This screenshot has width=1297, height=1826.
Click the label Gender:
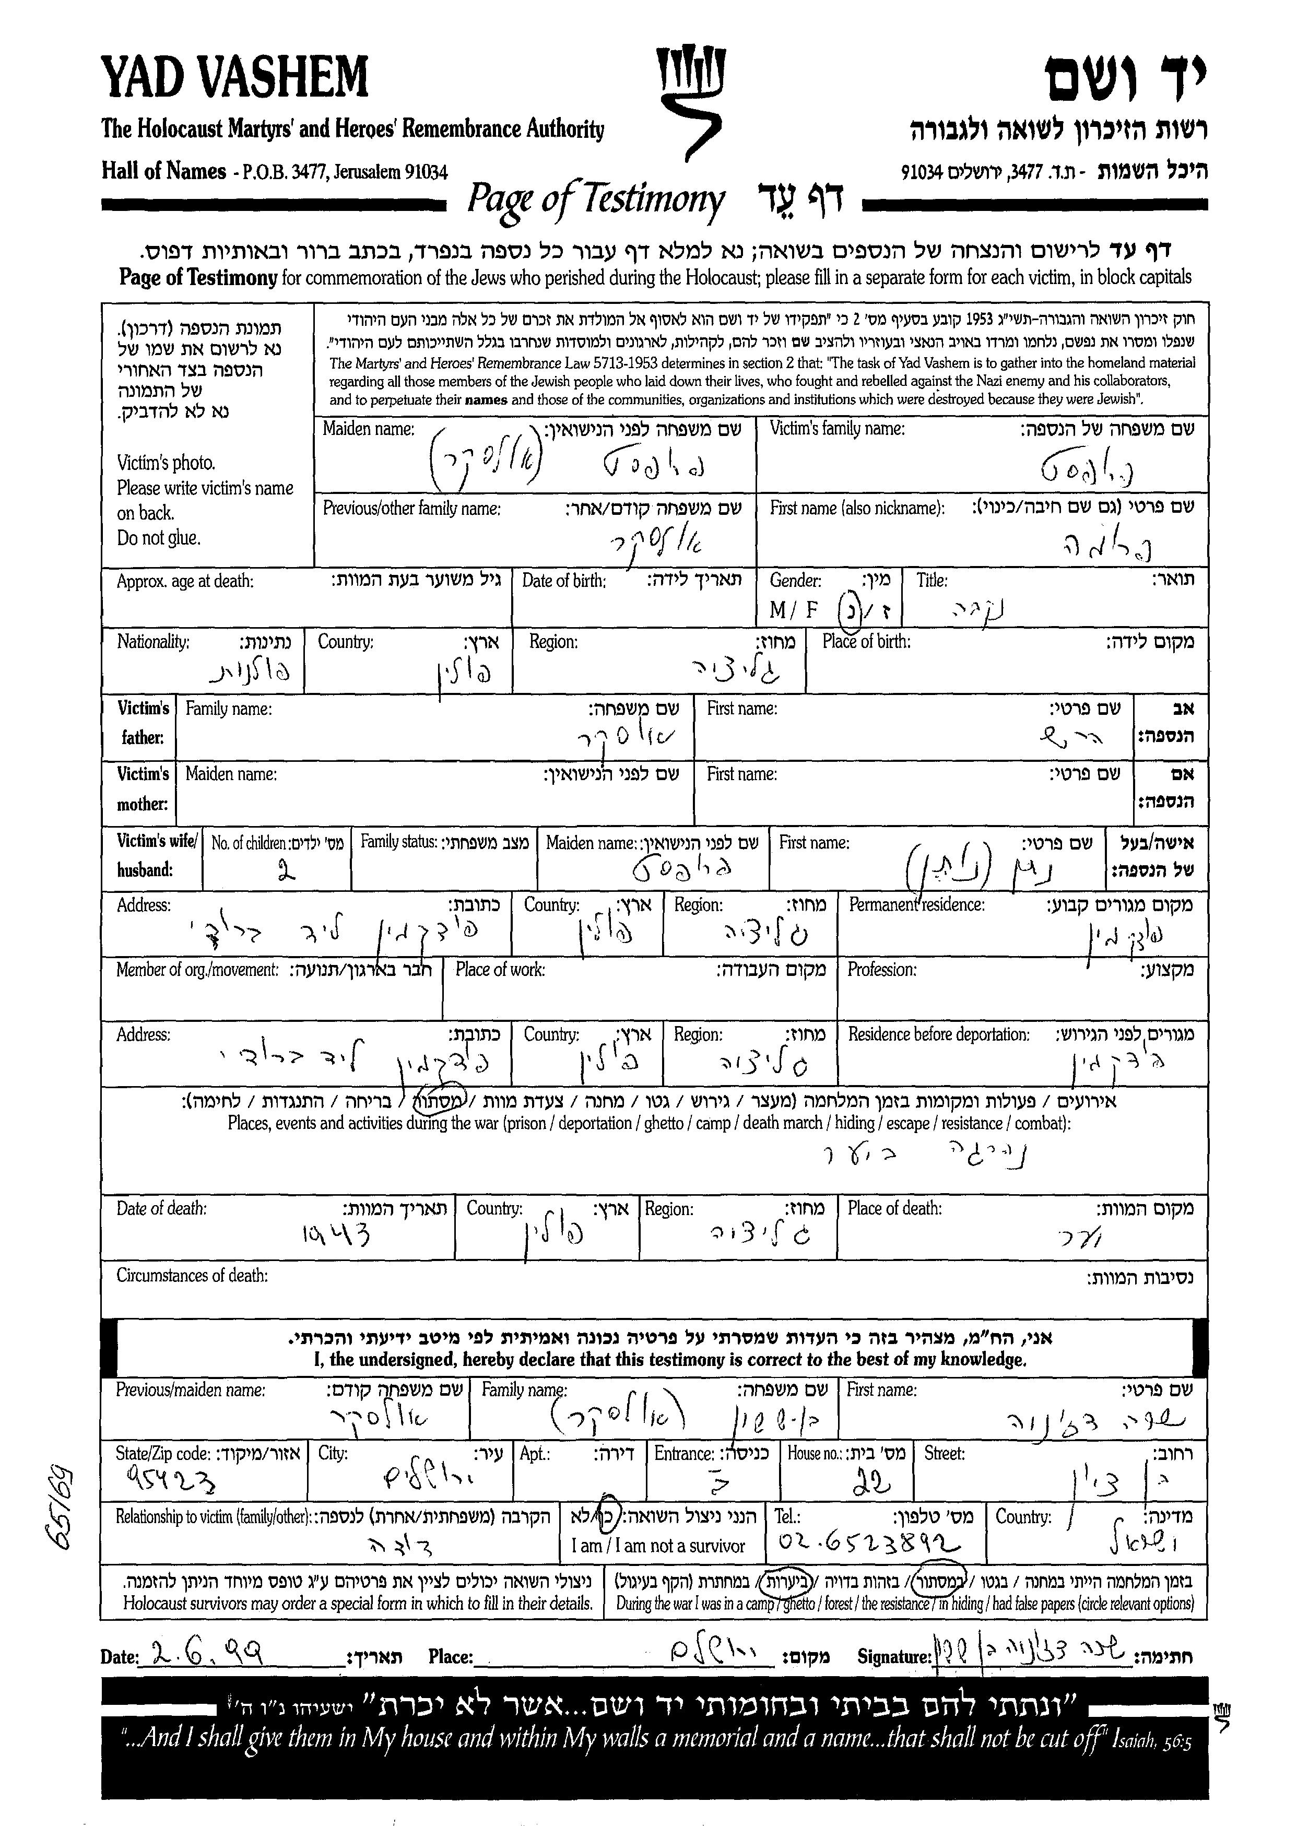coord(795,581)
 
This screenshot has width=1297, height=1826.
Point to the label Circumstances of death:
coord(192,1275)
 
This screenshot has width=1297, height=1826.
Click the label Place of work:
coord(500,970)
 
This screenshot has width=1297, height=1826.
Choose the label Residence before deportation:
coord(938,1034)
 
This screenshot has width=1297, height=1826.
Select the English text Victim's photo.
coord(166,463)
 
